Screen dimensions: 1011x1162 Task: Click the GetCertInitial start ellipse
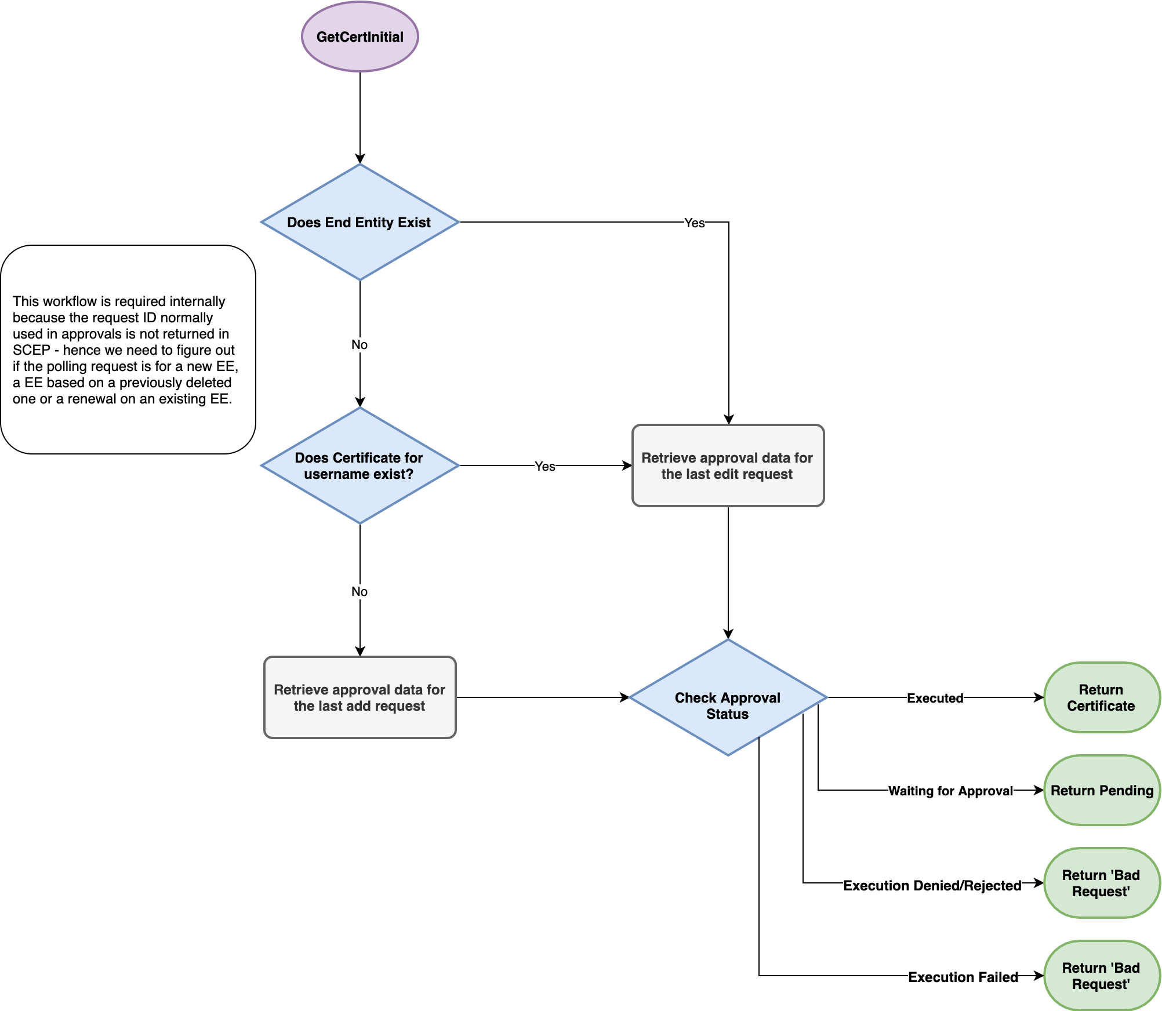point(360,37)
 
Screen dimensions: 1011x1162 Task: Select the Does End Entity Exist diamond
point(360,222)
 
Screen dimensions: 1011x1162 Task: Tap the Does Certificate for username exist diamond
point(360,466)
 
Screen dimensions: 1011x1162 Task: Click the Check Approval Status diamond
point(728,697)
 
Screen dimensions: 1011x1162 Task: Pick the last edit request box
point(728,466)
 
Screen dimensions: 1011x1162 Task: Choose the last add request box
point(360,697)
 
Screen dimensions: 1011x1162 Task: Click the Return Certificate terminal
point(1101,697)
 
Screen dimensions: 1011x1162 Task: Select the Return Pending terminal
point(1101,790)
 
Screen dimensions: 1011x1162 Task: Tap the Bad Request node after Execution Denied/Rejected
point(1101,883)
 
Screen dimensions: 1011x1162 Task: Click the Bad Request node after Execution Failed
point(1101,976)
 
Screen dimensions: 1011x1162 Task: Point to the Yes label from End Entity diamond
point(694,223)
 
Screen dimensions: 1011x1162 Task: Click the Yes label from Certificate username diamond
point(544,466)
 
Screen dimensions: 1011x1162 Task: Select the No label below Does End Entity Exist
point(360,344)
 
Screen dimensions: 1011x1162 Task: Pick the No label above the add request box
point(360,591)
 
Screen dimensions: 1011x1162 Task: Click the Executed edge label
point(935,698)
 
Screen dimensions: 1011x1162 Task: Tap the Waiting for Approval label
point(950,791)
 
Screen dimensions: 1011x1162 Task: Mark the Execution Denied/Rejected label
point(932,885)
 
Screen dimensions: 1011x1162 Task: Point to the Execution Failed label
point(963,977)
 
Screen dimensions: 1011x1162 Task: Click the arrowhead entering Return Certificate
point(1039,697)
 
